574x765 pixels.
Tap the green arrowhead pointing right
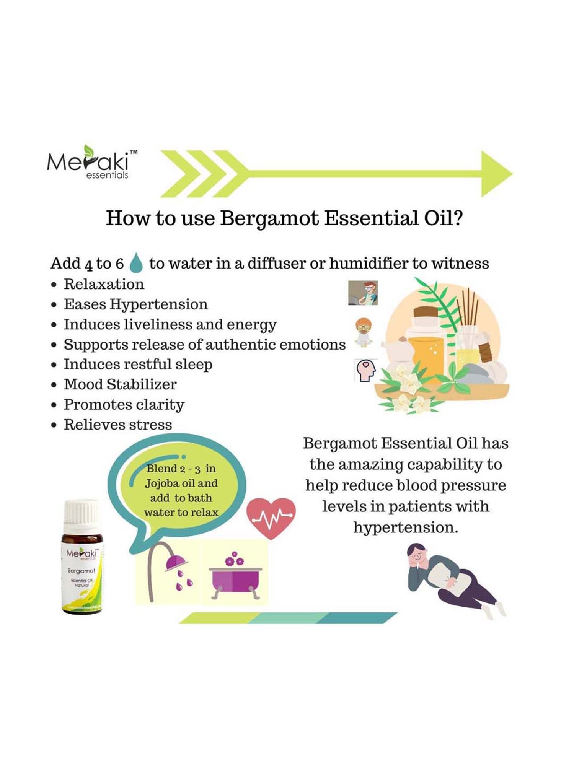[x=495, y=174]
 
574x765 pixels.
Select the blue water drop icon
[x=136, y=263]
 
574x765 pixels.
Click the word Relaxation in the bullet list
[x=104, y=284]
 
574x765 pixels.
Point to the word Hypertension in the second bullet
[x=158, y=304]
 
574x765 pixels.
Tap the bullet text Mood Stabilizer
[x=120, y=384]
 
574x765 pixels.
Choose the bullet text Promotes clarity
[x=124, y=405]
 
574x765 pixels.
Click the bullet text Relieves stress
[x=118, y=425]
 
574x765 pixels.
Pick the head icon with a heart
[x=366, y=370]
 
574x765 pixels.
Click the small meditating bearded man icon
[x=364, y=332]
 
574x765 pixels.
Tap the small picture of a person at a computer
[x=363, y=293]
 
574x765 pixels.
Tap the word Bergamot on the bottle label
[x=82, y=571]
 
